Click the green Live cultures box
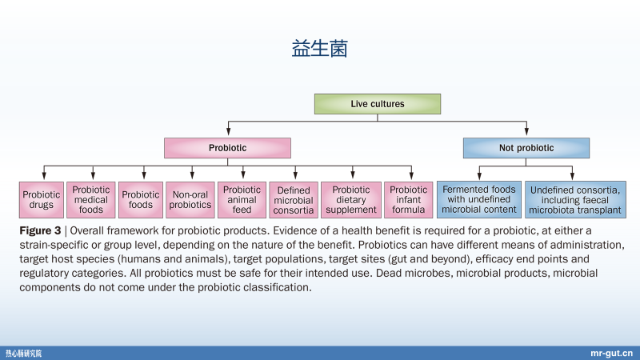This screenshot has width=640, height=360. coord(377,103)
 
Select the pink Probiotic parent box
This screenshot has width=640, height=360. coord(227,148)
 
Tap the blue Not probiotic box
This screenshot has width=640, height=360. coord(526,148)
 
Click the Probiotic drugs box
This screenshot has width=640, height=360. coord(41,200)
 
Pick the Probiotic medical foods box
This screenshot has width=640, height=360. coord(91,200)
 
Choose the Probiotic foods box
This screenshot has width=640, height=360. coord(141,200)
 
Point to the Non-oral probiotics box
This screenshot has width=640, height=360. coord(191,200)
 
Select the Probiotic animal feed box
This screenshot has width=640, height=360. coord(242,200)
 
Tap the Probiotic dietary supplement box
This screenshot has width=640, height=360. coord(350,200)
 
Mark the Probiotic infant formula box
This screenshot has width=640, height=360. coord(408,200)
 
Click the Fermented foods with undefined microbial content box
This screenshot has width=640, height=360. coord(478,200)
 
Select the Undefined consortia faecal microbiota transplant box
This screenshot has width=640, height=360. coord(574,200)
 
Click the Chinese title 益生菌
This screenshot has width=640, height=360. coord(320,49)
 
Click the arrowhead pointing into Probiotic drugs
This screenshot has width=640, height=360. coord(43,175)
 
